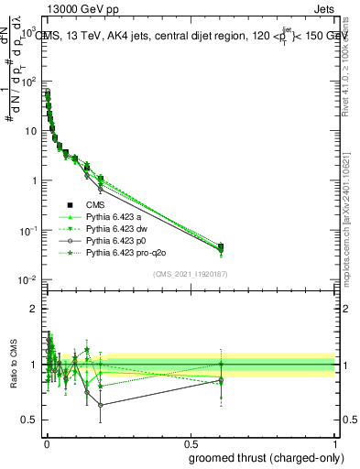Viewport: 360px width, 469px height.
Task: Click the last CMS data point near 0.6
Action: tap(221, 246)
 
